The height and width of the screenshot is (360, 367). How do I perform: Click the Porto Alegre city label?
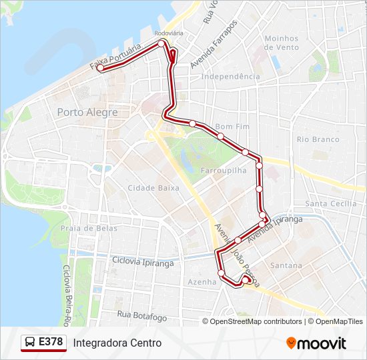coord(87,112)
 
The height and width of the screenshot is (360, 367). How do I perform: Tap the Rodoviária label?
coord(168,32)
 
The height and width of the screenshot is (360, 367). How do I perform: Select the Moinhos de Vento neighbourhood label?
coord(281,43)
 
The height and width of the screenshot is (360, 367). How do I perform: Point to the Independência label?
coord(230,77)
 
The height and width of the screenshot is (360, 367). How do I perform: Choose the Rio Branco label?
coord(318,139)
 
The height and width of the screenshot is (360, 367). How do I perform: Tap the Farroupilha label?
coord(224,171)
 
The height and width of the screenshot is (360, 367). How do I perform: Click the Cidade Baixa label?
coord(153,188)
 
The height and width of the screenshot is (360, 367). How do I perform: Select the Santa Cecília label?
coord(330,203)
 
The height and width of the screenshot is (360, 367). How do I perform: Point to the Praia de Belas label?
coord(89,228)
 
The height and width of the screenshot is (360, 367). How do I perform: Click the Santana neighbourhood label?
coord(286,265)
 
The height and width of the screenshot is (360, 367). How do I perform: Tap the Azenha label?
coord(202,282)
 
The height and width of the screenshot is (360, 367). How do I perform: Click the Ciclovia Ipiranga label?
coord(143,262)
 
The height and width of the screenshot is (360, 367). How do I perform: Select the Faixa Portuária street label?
coord(115,57)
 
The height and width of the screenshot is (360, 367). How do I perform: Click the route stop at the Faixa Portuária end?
coord(100,67)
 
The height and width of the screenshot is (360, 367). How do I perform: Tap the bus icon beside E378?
coord(30,343)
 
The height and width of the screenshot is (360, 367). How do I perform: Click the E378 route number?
coord(51,343)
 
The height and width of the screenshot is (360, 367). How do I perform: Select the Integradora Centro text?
coord(117,343)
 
